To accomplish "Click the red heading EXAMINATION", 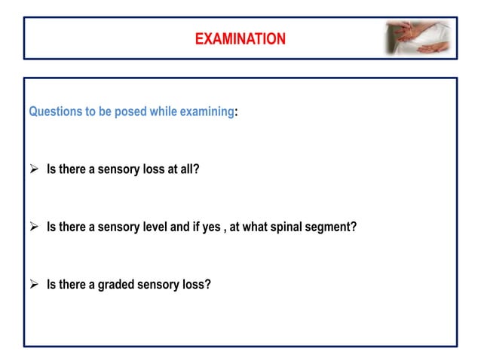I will coord(240,38).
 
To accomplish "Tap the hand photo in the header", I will coord(417,38).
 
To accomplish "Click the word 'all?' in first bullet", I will coord(188,169).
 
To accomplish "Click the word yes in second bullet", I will coord(232,227).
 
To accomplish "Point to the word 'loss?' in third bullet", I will coord(195,285).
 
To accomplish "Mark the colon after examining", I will coord(236,111).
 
